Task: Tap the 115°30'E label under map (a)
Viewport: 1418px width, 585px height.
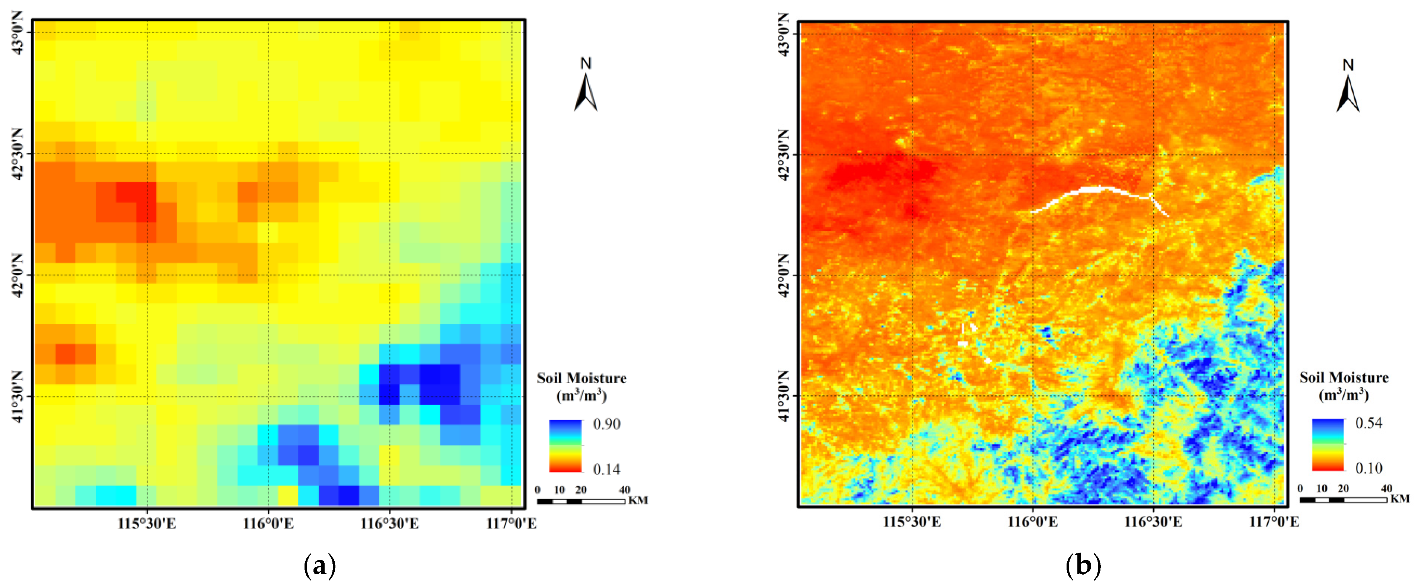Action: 146,523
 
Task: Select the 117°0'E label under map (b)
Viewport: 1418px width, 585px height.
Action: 1274,522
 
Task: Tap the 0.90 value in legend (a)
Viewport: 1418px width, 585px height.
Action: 606,424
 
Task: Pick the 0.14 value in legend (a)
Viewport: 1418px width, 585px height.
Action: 606,469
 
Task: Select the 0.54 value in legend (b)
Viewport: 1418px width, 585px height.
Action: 1368,423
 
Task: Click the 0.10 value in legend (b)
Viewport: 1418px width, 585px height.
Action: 1368,468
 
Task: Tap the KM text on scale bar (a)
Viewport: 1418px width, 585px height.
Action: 638,500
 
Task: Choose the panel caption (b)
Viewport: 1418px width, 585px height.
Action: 1083,565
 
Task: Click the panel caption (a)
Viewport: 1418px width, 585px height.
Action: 320,565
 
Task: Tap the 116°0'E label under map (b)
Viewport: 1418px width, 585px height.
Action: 1032,522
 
